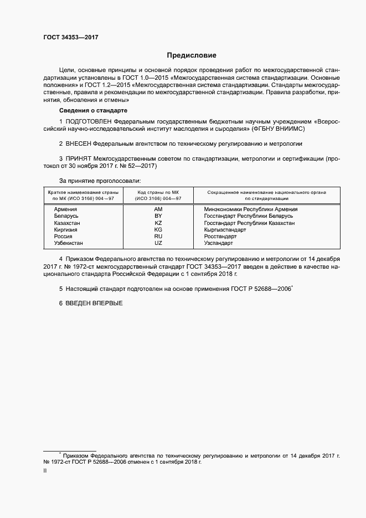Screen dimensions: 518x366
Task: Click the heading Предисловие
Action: point(192,55)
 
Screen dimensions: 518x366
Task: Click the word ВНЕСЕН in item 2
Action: point(80,143)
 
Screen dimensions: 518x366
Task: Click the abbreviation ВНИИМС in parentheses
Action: point(290,128)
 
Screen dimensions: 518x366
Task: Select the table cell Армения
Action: point(65,209)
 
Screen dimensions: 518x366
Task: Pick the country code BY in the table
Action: point(158,216)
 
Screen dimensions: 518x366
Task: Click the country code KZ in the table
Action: point(158,223)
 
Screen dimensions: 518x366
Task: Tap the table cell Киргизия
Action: point(66,229)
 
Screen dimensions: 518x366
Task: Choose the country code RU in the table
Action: point(158,236)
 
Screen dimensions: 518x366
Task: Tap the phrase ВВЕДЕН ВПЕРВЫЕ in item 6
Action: point(94,304)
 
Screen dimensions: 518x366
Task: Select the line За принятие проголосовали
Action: point(100,181)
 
